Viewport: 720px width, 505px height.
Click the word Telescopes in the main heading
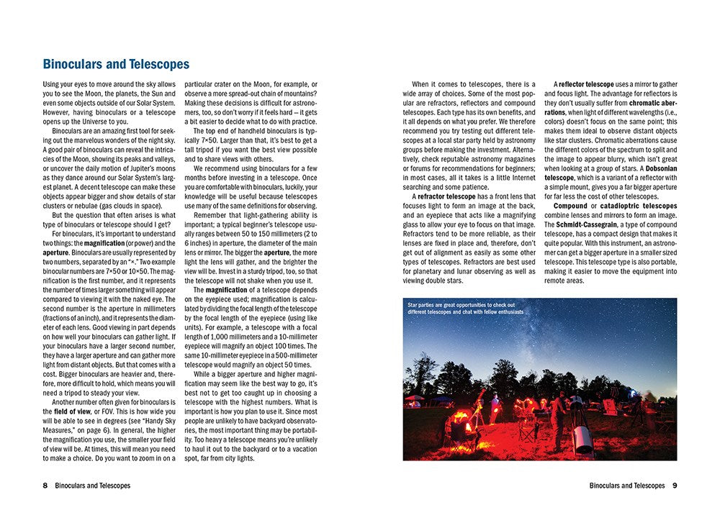coord(155,65)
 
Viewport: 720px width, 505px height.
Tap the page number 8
coord(45,486)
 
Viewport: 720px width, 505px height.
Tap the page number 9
coord(675,486)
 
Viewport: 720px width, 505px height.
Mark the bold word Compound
coord(570,206)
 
